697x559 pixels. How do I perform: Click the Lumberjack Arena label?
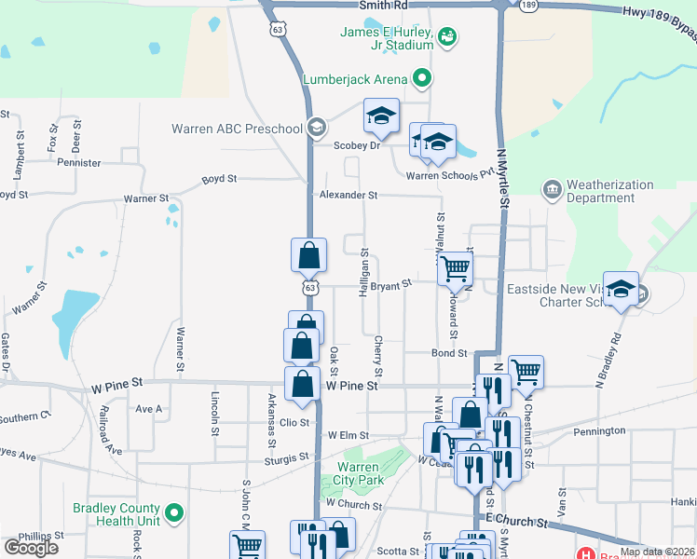354,79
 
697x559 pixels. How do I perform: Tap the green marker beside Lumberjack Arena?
421,78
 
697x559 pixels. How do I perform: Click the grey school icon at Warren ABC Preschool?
317,128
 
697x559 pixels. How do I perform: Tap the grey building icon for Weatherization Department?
552,190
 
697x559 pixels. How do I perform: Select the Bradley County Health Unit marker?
174,512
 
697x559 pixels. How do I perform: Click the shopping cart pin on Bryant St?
456,268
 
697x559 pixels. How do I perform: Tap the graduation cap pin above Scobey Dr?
380,116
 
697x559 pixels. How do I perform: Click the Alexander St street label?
348,196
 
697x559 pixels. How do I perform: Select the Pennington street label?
600,431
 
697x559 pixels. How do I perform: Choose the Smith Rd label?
386,6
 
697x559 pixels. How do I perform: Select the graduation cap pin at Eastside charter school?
621,289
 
